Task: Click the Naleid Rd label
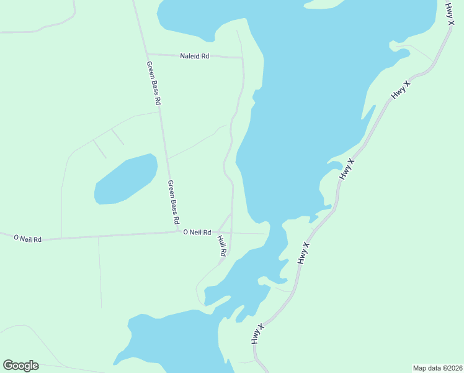(195, 56)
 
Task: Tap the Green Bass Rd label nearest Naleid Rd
(154, 82)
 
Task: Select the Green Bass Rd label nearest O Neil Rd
(174, 202)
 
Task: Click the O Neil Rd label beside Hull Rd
(197, 232)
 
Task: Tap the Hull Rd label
(221, 245)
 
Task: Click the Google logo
(21, 366)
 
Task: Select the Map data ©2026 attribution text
(437, 368)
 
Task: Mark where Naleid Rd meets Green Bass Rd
(146, 53)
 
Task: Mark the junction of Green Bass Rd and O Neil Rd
(178, 232)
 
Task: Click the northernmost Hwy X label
(450, 14)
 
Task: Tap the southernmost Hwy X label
(258, 334)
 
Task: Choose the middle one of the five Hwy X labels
(347, 169)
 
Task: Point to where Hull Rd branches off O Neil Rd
(217, 233)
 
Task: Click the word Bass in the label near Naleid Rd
(154, 84)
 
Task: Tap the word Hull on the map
(220, 241)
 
